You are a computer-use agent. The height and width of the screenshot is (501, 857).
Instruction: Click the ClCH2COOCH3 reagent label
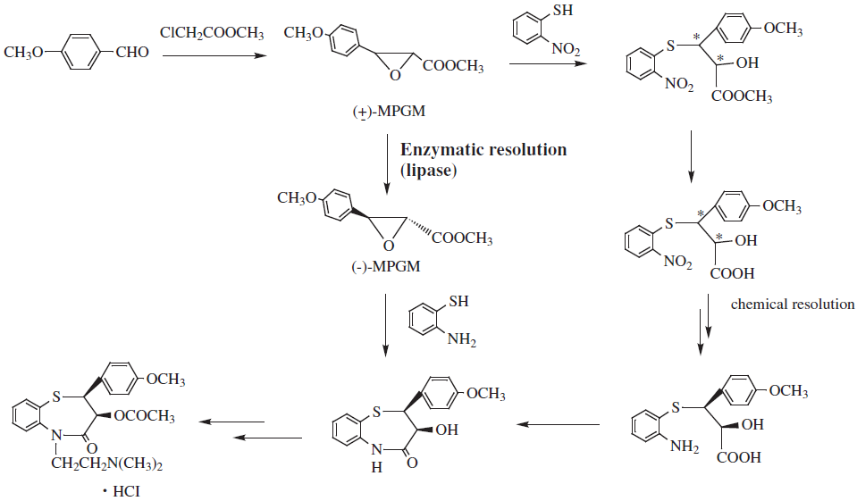pyautogui.click(x=212, y=33)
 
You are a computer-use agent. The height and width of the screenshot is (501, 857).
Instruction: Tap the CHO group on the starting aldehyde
pyautogui.click(x=132, y=54)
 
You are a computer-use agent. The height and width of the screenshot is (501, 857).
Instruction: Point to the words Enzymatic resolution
pyautogui.click(x=483, y=149)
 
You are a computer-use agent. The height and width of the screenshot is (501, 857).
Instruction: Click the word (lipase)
pyautogui.click(x=428, y=169)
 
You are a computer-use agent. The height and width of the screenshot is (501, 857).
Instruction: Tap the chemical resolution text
pyautogui.click(x=793, y=305)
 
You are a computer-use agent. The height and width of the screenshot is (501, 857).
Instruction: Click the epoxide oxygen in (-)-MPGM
pyautogui.click(x=386, y=246)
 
